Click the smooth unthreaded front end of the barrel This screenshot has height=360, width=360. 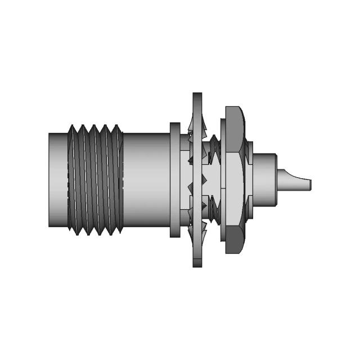57,180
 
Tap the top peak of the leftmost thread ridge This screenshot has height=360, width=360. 73,127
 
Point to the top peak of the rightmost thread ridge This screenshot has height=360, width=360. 117,127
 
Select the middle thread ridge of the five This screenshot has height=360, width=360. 94,180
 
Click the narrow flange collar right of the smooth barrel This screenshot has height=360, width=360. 175,180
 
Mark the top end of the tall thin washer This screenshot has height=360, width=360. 197,97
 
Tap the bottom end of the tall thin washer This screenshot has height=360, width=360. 197,263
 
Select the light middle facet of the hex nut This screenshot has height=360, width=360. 234,180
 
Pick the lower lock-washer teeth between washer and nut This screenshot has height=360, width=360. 213,211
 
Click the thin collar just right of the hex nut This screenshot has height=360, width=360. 249,180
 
